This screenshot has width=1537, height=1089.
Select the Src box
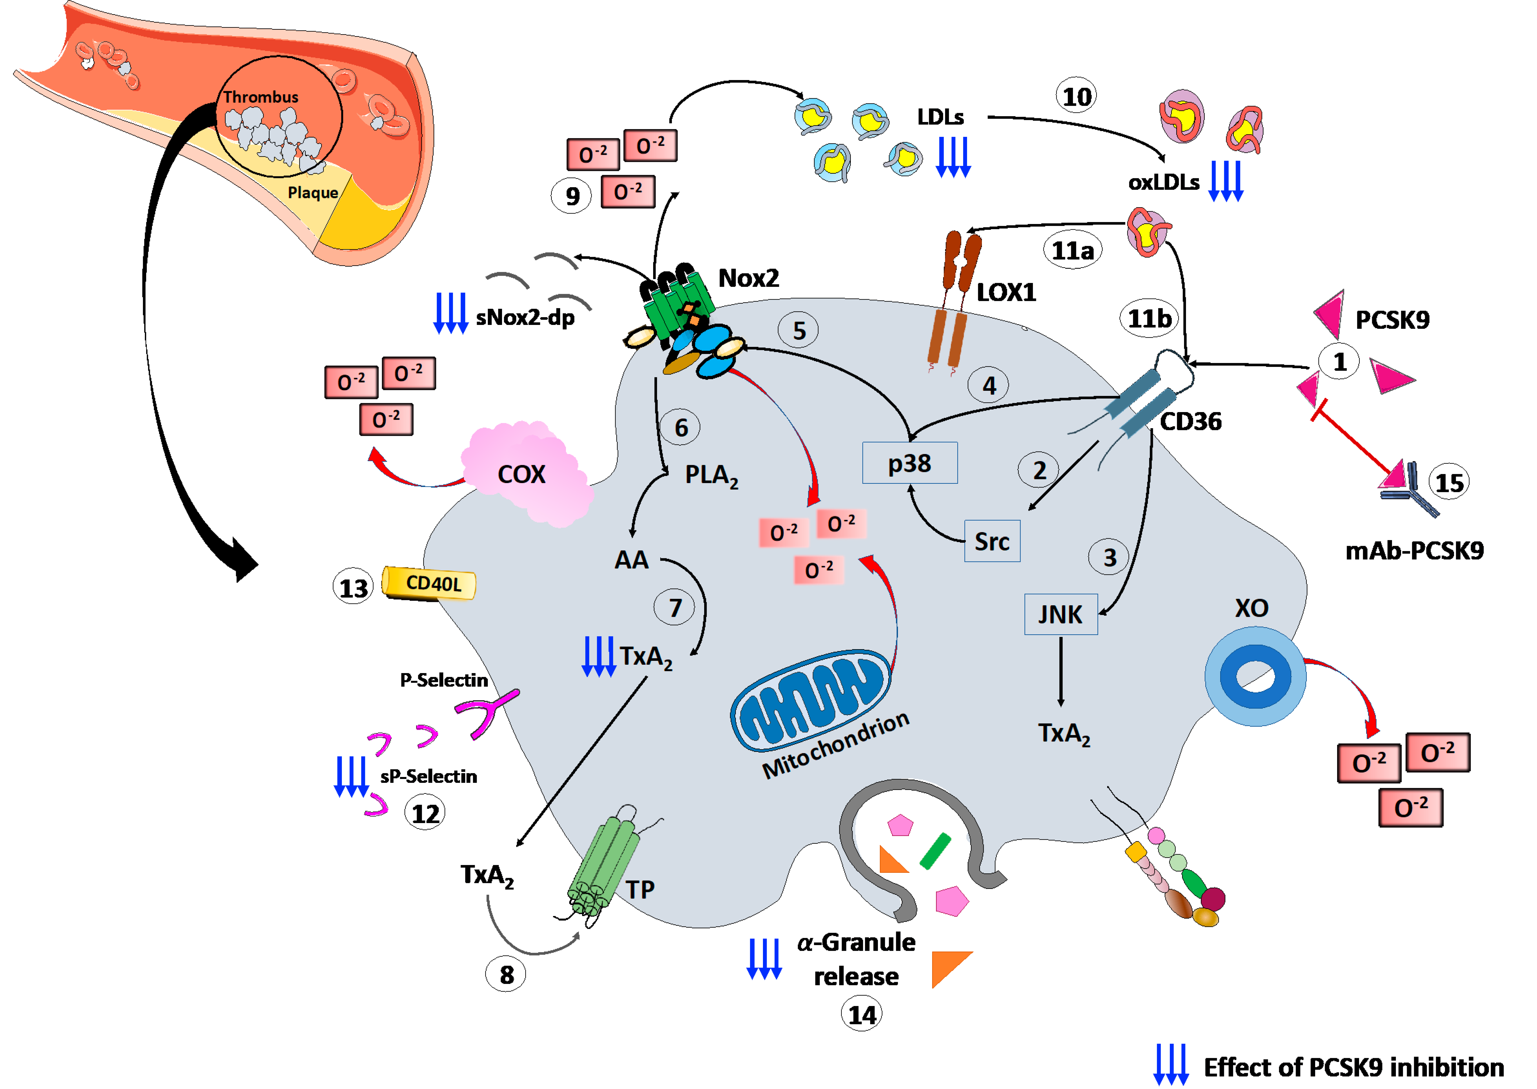[x=992, y=541]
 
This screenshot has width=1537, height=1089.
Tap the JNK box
[x=1060, y=613]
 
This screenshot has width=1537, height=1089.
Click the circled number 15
[x=1448, y=482]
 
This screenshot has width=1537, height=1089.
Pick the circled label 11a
[x=1072, y=250]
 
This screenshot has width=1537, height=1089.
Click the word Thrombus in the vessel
[x=261, y=97]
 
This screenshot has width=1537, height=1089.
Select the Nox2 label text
[x=748, y=278]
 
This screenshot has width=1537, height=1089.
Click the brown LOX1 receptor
[x=956, y=302]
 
